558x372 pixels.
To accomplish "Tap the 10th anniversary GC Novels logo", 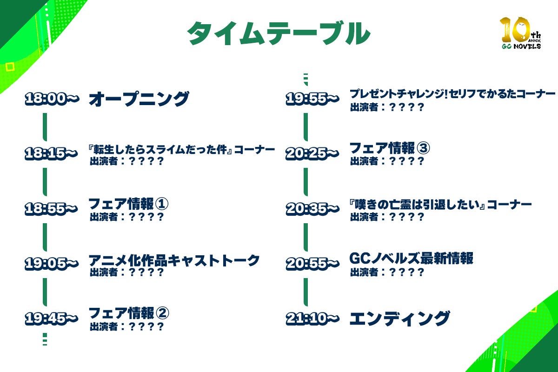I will pos(520,33).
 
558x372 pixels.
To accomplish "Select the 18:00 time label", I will pos(52,99).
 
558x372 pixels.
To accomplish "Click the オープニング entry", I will pos(139,99).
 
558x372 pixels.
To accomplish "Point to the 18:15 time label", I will pos(52,154).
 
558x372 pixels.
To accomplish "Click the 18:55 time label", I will pos(52,209).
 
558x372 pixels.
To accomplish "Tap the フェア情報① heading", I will pos(128,204).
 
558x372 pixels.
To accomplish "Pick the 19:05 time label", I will pos(52,264).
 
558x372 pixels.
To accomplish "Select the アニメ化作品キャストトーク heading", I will pos(174,260).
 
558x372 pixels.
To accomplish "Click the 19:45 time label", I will pos(52,319).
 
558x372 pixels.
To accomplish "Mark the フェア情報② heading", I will pos(128,313).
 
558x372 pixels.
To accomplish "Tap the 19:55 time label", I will pos(312,99).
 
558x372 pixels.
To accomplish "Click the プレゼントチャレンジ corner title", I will pos(452,94).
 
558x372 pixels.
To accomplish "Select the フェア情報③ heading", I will pos(390,149).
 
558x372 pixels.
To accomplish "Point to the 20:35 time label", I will pos(312,209).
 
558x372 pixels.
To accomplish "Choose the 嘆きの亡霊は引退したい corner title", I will pos(440,205).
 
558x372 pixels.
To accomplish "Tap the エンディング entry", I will pos(399,319).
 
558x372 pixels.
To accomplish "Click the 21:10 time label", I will pos(312,319).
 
